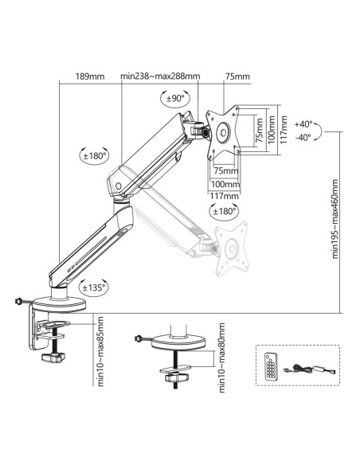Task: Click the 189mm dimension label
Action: pos(90,76)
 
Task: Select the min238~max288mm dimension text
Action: pos(160,76)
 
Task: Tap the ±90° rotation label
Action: pos(175,98)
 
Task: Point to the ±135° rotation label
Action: pos(94,287)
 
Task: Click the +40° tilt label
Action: pos(303,124)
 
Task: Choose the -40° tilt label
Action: pos(303,137)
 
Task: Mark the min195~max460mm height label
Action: pos(335,219)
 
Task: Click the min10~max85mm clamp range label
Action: pos(100,351)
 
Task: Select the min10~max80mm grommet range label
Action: pos(221,358)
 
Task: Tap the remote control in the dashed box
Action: pos(271,366)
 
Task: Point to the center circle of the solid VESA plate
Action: pos(223,132)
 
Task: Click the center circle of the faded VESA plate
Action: pos(231,248)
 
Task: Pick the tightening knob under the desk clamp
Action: pos(53,358)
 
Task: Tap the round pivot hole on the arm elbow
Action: pos(119,186)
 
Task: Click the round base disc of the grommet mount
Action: pos(179,343)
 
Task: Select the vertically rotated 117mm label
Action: pos(284,130)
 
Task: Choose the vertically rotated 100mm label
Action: pos(272,130)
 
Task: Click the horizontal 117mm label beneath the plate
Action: pos(224,196)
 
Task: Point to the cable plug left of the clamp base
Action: pos(18,301)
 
